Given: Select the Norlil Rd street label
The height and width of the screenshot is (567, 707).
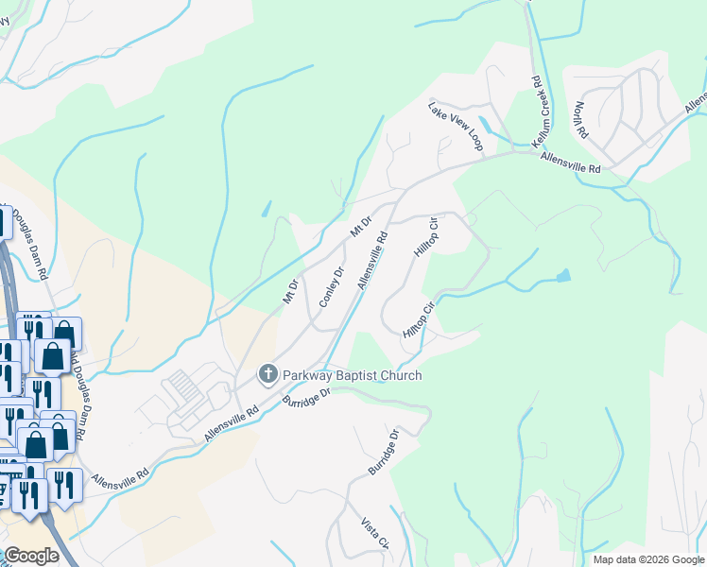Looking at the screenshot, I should coord(578,120).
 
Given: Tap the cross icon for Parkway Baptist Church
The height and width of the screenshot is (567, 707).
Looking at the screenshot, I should coord(267,375).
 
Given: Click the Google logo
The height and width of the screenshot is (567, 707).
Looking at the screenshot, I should coord(31,556).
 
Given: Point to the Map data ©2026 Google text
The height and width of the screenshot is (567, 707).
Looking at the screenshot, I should coord(648,559).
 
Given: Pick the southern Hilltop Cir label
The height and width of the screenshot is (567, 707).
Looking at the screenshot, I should coord(417,319).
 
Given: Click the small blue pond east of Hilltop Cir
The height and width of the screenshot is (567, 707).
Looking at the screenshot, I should coord(563,276).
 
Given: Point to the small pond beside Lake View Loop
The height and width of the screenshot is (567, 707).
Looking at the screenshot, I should coord(485,124).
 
